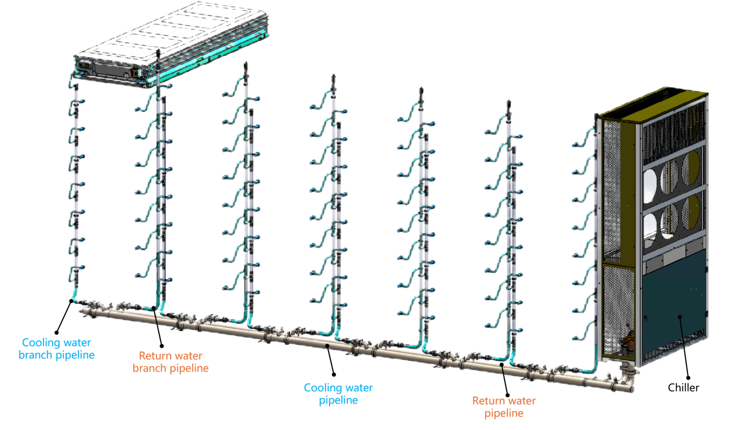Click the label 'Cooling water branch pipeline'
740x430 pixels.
[x=56, y=349]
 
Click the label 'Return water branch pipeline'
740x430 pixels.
[x=171, y=362]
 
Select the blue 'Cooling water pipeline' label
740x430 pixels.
[x=338, y=394]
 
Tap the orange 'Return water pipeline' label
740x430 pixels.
[x=504, y=407]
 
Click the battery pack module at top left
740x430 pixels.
[x=169, y=43]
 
